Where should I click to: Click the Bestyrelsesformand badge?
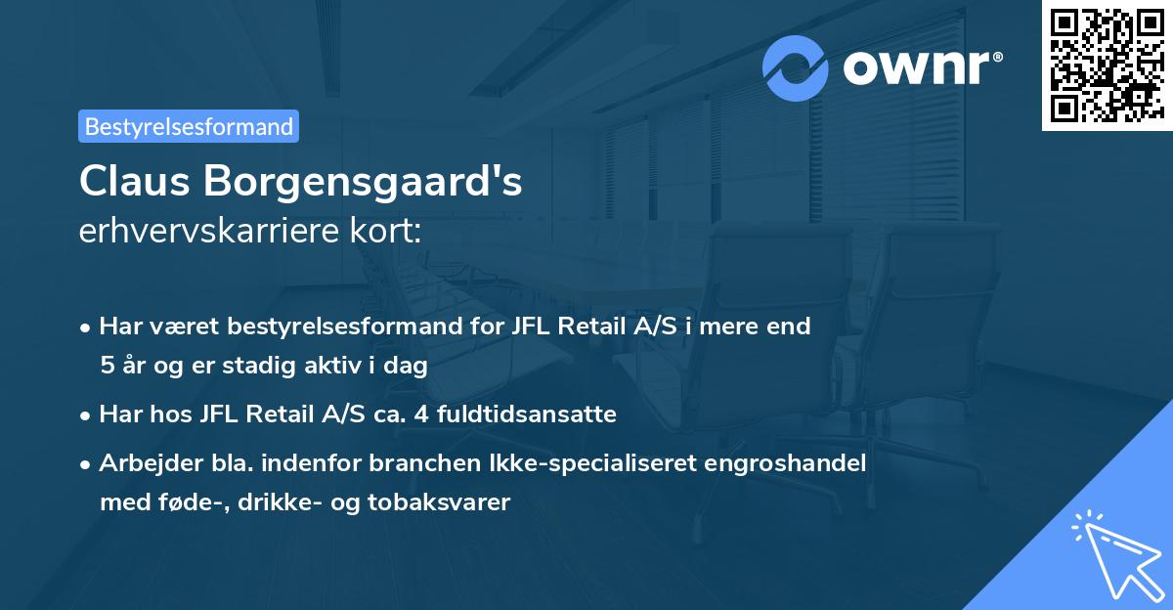[x=189, y=126]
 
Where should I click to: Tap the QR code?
[x=1106, y=65]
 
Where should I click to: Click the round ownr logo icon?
[x=796, y=67]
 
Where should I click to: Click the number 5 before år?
[x=107, y=366]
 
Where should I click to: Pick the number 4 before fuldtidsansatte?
[x=421, y=414]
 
